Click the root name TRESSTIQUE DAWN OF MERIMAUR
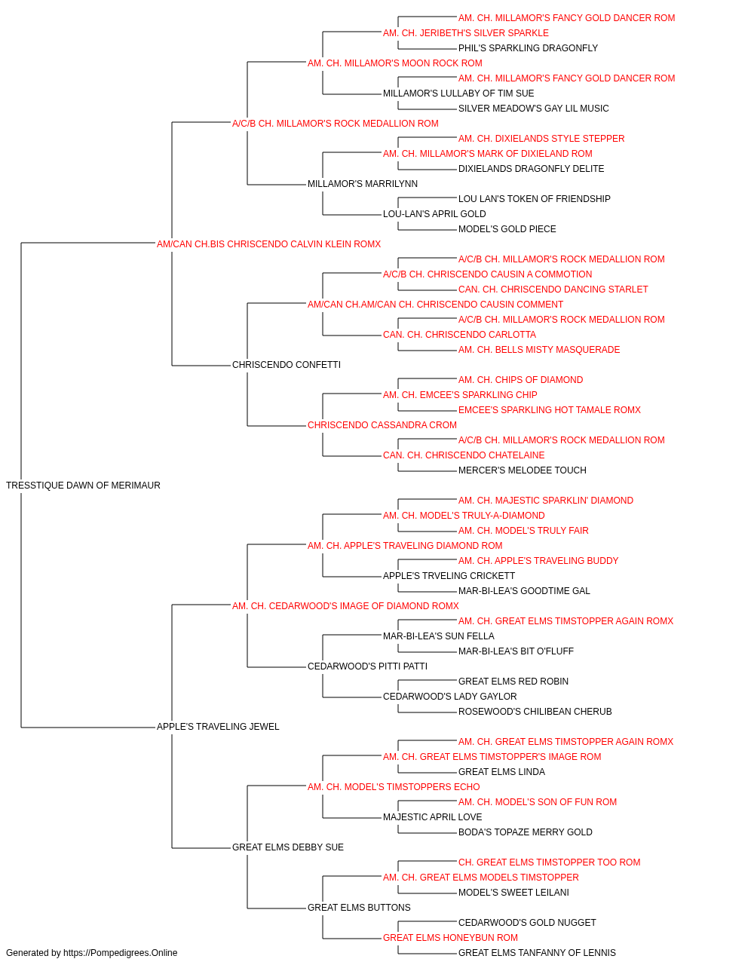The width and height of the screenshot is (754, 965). coord(83,486)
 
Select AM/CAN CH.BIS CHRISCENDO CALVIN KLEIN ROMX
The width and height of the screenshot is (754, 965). coord(268,244)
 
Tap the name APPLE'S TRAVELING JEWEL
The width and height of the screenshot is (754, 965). coord(218,727)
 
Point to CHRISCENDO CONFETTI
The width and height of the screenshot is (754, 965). coord(287,365)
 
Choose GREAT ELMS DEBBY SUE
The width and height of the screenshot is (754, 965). coord(288,847)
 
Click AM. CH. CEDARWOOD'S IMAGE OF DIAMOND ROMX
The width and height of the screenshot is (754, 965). coord(345,606)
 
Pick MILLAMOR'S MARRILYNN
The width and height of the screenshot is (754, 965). coord(363,184)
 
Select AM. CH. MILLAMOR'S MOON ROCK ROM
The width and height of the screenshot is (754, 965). coord(395,63)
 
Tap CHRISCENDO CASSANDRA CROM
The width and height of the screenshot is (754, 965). coord(382,425)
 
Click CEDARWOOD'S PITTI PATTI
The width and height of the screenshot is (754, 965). coord(367,666)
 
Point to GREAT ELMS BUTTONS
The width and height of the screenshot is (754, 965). coord(359,907)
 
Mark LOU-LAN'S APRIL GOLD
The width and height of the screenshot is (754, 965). coord(434,214)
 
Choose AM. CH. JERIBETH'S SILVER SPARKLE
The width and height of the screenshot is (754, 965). coord(466,33)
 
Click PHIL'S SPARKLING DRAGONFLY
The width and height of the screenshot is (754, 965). coord(528,48)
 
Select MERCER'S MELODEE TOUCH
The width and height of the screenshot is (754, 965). coord(523,470)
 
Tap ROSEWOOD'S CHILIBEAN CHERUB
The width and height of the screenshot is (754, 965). coord(535,712)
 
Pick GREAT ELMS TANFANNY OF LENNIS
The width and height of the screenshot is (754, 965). coord(537,953)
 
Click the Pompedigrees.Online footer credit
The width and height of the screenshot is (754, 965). coord(91,953)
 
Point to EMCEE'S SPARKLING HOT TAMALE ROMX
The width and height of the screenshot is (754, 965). coord(550,410)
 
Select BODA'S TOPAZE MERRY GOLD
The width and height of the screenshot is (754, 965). coord(526,832)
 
